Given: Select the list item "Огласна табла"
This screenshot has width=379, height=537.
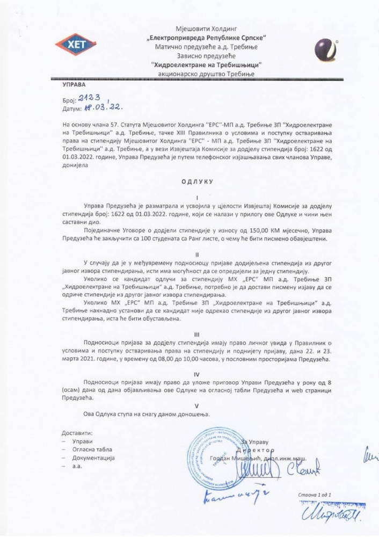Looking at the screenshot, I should [x=92, y=449].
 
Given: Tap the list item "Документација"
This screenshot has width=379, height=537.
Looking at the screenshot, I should [x=93, y=458].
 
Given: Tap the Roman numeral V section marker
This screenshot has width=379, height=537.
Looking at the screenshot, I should [x=196, y=406].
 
